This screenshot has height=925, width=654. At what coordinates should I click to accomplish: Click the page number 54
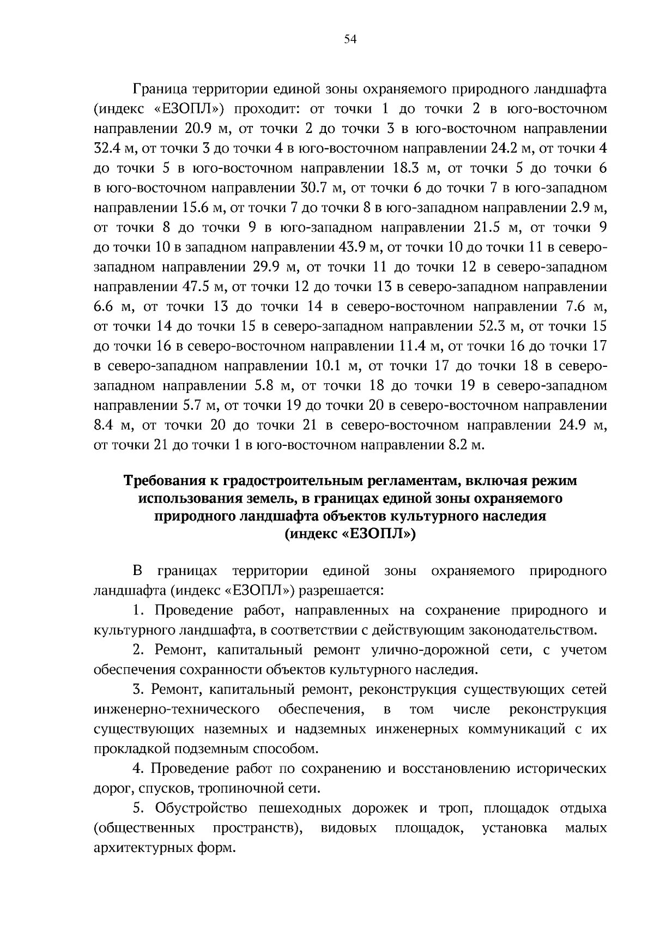point(350,39)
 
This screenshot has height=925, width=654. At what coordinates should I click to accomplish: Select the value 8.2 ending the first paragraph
point(458,445)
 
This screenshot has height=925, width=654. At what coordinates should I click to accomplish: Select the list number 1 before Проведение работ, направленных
point(137,610)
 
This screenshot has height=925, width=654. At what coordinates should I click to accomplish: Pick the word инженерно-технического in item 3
point(177,709)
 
